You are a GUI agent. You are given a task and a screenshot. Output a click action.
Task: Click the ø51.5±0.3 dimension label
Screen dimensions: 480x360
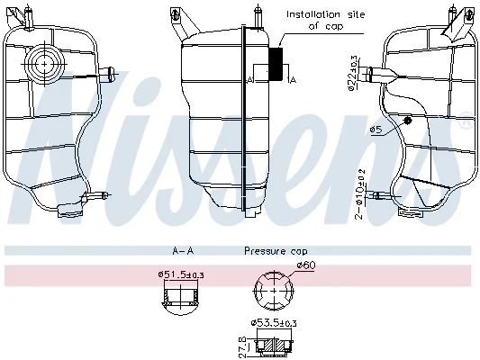click(x=181, y=274)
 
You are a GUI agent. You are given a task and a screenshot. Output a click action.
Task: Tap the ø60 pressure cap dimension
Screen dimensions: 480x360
click(x=305, y=265)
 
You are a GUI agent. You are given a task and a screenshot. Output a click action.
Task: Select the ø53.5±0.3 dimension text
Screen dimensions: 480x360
click(x=274, y=323)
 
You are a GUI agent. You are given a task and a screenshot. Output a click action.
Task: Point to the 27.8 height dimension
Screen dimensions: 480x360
click(x=242, y=346)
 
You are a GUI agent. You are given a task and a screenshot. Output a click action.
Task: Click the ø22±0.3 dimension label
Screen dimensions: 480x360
click(x=353, y=73)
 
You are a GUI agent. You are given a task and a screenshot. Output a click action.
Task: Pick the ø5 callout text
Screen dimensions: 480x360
click(x=376, y=130)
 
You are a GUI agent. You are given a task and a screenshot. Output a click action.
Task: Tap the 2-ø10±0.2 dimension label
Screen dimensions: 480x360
click(x=359, y=193)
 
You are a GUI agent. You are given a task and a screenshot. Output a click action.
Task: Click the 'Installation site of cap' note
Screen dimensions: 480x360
click(x=326, y=20)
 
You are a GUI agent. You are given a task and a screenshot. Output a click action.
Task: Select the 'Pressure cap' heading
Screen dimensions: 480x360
click(x=276, y=251)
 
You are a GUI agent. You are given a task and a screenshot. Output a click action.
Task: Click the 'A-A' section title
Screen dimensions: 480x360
click(x=183, y=251)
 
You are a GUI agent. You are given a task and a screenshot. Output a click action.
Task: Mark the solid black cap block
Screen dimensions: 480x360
click(x=276, y=64)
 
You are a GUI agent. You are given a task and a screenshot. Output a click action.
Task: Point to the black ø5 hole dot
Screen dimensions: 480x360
click(x=407, y=121)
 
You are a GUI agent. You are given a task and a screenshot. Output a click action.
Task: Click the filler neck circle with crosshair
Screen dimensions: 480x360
click(x=45, y=64)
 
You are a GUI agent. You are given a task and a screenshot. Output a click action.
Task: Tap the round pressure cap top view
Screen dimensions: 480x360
click(x=274, y=291)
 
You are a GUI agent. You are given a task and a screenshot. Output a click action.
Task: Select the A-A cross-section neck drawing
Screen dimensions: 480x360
click(x=181, y=300)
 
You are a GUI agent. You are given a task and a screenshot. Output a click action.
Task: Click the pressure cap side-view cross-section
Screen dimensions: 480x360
click(x=274, y=346)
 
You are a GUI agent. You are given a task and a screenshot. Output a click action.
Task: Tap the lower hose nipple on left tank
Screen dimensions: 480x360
click(x=95, y=196)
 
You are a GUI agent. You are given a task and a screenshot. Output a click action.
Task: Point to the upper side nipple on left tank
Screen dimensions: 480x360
click(x=108, y=74)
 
